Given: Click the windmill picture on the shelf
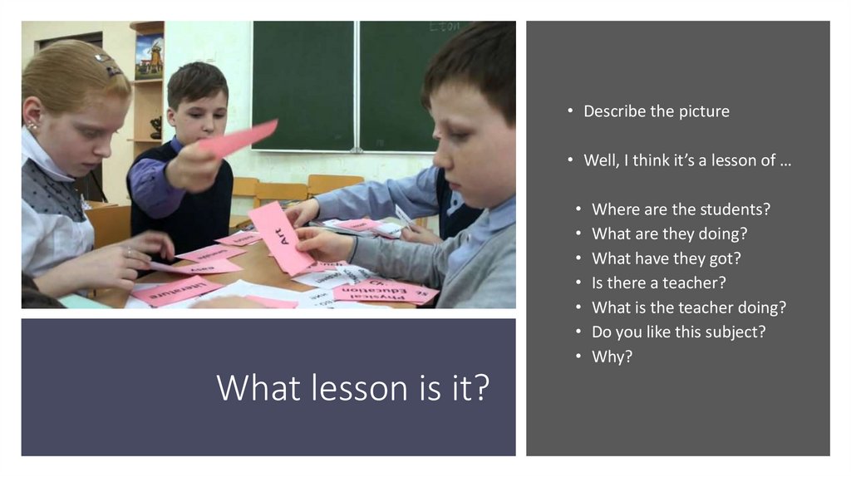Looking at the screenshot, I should (149, 57).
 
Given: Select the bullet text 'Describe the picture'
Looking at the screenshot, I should (656, 111).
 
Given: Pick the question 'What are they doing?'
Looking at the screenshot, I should (669, 234).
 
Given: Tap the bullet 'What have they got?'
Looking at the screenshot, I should (666, 258).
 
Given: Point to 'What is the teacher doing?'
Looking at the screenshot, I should (688, 307).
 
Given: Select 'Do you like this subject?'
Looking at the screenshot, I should (678, 332).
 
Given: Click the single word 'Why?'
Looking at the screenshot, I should (612, 357).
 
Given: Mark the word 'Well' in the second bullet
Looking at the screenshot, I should (600, 160).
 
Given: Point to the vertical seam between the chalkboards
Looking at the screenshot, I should (357, 87).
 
